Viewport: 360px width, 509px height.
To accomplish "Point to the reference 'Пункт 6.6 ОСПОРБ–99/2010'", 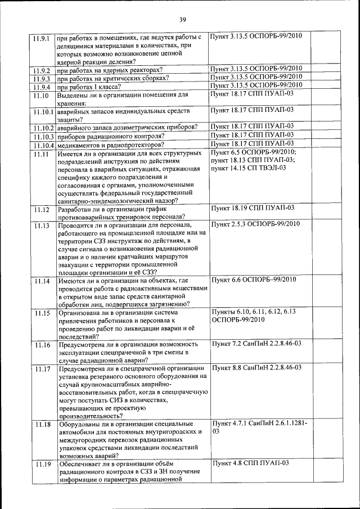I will click(254, 280).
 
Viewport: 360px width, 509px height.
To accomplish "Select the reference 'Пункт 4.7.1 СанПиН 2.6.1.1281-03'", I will click(259, 427).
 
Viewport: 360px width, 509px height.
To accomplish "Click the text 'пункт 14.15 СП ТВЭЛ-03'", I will click(248, 168).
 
